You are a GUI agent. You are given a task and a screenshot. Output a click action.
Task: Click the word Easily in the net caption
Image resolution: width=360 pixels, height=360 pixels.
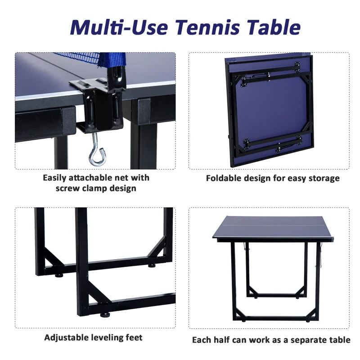(55, 178)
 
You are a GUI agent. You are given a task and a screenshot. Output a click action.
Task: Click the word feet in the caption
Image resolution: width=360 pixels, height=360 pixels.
(133, 337)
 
